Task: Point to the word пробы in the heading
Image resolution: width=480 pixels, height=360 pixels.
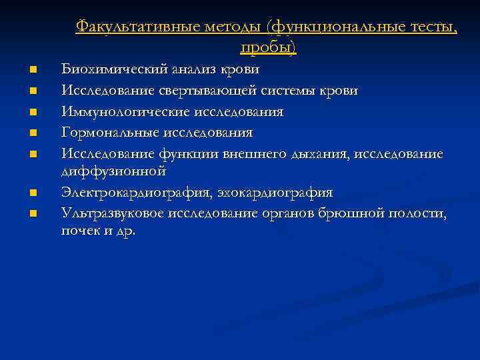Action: tap(267, 47)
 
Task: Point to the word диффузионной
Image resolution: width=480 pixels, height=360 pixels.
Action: tap(113, 172)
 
